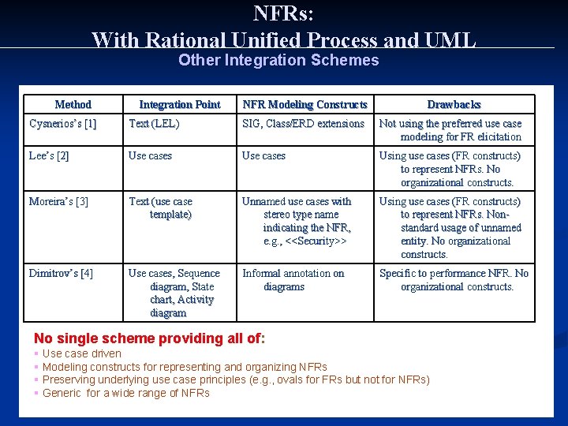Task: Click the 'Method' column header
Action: click(x=73, y=104)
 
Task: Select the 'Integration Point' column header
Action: click(x=180, y=104)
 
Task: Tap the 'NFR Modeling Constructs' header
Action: click(x=305, y=104)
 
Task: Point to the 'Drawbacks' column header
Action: click(x=454, y=104)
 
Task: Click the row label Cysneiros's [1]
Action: click(x=63, y=124)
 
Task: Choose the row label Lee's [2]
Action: click(x=49, y=156)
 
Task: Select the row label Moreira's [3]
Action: click(x=58, y=202)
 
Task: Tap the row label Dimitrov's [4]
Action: click(x=61, y=274)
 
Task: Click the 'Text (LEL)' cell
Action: click(x=154, y=124)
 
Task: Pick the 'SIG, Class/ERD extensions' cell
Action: click(x=303, y=124)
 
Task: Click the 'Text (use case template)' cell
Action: click(x=161, y=208)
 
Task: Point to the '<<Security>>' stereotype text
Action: click(x=316, y=241)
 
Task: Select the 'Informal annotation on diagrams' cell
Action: click(x=293, y=280)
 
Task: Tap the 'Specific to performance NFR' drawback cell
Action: click(x=454, y=280)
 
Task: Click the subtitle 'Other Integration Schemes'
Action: click(x=278, y=61)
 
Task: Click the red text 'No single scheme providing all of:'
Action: click(x=150, y=339)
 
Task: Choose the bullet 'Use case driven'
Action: click(x=82, y=354)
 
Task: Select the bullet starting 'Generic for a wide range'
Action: click(x=126, y=393)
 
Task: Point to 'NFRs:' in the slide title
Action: click(x=284, y=13)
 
